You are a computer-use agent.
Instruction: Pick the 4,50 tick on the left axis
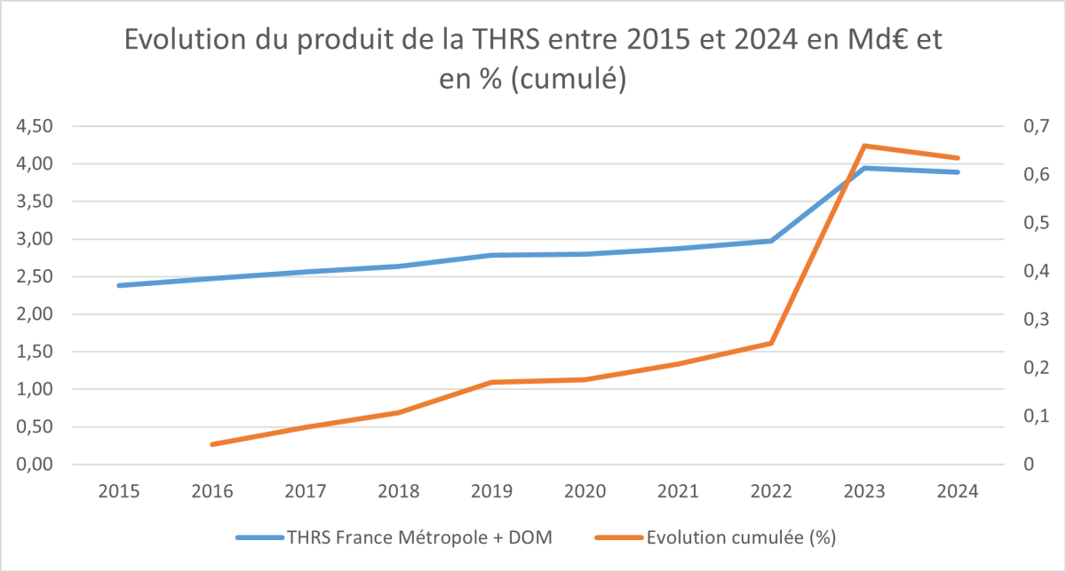[x=35, y=127]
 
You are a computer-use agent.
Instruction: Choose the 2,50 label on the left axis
[x=35, y=277]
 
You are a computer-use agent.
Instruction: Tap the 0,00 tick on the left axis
[x=35, y=465]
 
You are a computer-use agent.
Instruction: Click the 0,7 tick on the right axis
[x=1022, y=127]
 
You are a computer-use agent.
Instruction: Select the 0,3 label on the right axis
[x=1022, y=320]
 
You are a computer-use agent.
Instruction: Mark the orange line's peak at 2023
[x=865, y=146]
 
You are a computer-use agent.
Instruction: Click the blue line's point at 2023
[x=865, y=168]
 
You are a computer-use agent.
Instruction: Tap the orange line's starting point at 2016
[x=212, y=444]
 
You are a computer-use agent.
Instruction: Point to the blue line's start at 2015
[x=119, y=285]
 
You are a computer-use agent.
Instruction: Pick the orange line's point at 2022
[x=772, y=343]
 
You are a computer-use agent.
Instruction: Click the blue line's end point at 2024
[x=959, y=172]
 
